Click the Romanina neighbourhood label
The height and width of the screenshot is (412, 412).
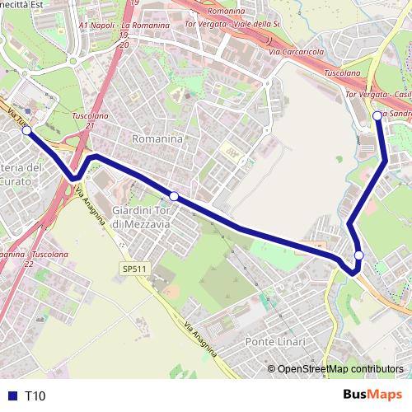tap(157, 139)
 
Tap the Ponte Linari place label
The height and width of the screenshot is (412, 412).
tap(275, 341)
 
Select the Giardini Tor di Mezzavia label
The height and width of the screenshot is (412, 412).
tap(141, 217)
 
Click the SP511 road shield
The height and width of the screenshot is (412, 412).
tap(133, 269)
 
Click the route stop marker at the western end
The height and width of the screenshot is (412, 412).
tap(26, 131)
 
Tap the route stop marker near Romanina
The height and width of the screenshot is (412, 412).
tap(174, 196)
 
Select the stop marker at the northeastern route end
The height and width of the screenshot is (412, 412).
tap(377, 116)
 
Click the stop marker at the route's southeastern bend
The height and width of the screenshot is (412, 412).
tap(359, 255)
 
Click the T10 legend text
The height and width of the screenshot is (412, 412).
tap(35, 396)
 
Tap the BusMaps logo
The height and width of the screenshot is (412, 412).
tap(368, 395)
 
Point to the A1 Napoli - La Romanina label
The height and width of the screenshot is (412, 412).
tap(124, 26)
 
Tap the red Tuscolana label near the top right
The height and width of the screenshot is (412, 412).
tap(343, 73)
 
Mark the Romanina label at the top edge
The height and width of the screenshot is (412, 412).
tap(227, 12)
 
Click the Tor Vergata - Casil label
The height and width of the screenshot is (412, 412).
tap(378, 94)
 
